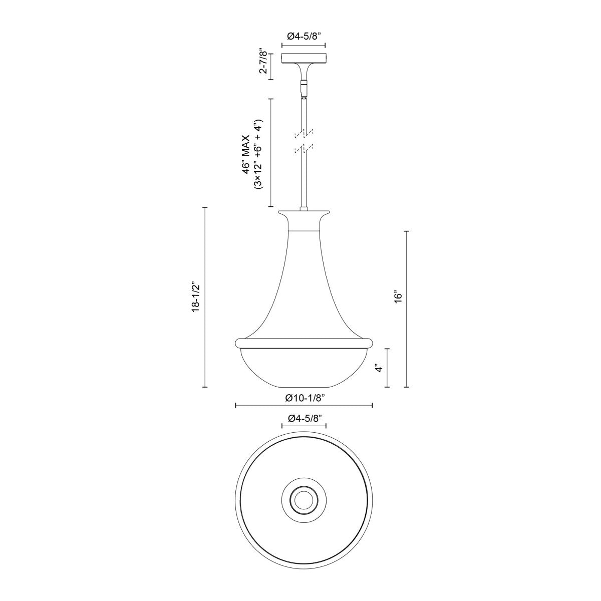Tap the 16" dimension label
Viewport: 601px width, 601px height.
click(398, 296)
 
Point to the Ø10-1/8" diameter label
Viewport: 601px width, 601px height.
click(304, 398)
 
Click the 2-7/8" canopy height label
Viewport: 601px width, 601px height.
click(262, 61)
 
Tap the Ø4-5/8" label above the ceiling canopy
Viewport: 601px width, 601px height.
click(304, 36)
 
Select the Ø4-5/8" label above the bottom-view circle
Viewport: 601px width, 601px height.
click(304, 418)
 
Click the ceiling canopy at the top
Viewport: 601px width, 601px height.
click(304, 59)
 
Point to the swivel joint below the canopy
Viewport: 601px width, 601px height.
click(304, 89)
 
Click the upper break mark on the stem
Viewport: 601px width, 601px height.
click(304, 133)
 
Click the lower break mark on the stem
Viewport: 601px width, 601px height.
click(304, 149)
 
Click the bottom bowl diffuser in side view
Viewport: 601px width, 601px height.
click(304, 368)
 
